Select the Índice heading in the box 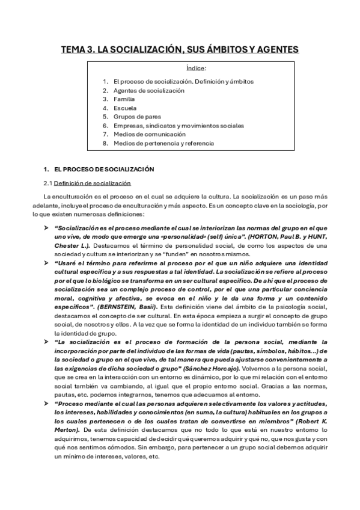[197, 69]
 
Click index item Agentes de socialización [148, 90]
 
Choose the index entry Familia [124, 99]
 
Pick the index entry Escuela [124, 108]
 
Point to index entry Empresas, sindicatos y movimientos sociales [178, 126]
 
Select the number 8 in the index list [105, 144]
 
